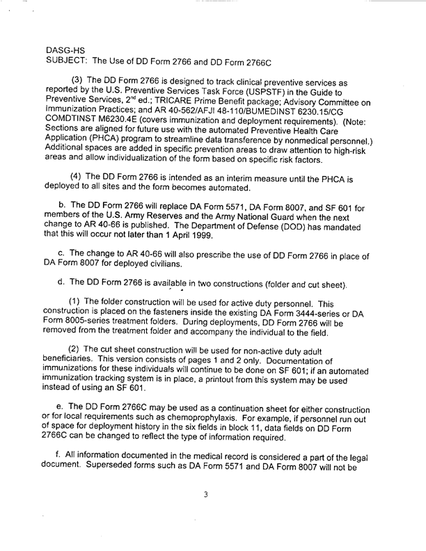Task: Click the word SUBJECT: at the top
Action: (68, 61)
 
